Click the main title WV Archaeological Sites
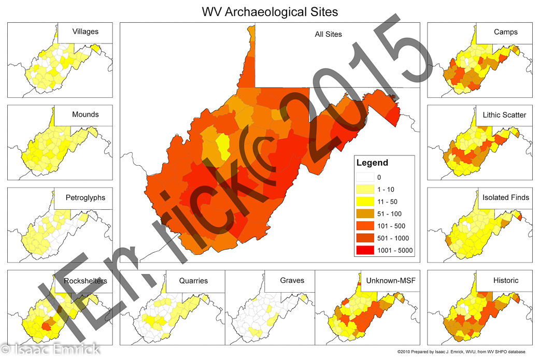[269, 11]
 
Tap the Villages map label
[85, 32]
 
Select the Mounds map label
[85, 114]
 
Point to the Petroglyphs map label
[85, 197]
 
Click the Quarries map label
[193, 280]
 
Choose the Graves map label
[292, 280]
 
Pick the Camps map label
[505, 32]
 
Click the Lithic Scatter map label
[504, 114]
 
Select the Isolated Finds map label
[505, 197]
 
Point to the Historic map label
[505, 280]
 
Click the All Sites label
[328, 35]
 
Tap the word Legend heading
[372, 163]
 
